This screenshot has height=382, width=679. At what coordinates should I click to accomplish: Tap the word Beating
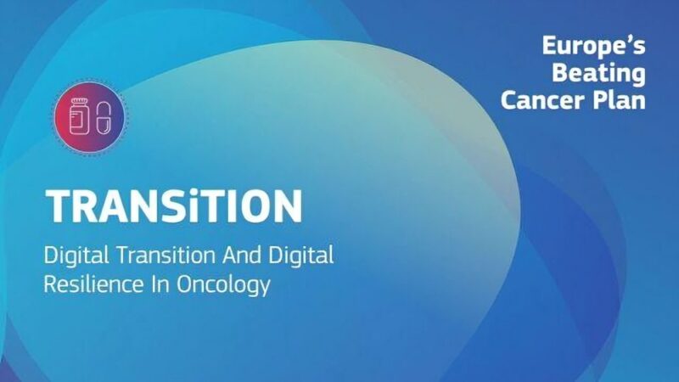(598, 74)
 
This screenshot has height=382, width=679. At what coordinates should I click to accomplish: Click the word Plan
(621, 100)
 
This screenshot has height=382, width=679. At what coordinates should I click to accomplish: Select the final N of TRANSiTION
(284, 205)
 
